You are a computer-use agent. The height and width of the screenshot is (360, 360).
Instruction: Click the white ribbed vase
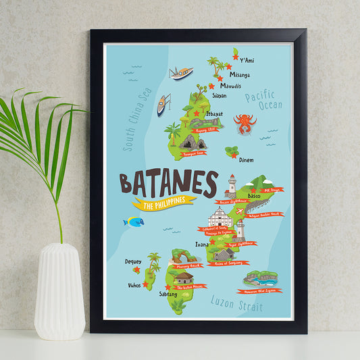tap(59, 290)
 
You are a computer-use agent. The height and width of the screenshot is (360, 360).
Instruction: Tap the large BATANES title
tap(168, 183)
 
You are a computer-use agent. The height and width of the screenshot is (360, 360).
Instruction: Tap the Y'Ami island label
tap(247, 61)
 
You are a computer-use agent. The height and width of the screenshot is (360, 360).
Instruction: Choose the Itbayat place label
tap(214, 114)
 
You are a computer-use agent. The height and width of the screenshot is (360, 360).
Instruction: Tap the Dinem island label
tap(247, 160)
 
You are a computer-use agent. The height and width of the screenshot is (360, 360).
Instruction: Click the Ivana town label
tap(202, 245)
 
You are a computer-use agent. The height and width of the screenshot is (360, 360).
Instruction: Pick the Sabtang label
tap(168, 294)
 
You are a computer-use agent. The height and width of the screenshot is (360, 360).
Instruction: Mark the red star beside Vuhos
tap(145, 284)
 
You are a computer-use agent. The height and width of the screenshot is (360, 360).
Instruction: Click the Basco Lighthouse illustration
tap(231, 186)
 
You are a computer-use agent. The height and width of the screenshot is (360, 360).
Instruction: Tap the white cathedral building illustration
tap(220, 217)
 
